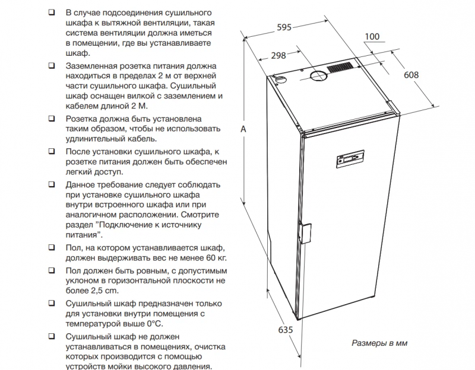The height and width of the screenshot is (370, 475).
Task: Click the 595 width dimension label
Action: coord(284,27)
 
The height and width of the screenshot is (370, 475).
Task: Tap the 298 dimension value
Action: coord(278,55)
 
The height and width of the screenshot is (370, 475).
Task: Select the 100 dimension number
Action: coord(372,37)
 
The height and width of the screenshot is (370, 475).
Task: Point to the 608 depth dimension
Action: coord(411,75)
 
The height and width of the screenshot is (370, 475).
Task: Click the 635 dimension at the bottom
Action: coord(286,330)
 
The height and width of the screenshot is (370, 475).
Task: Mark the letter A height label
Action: coord(243,129)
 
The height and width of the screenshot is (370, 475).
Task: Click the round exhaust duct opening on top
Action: coord(318,76)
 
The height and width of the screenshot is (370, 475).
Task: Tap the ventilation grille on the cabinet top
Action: coord(340,67)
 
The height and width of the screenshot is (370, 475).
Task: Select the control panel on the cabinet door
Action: coord(350,158)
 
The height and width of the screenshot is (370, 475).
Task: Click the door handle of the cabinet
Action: coord(305,232)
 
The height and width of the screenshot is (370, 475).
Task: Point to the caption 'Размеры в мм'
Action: coord(379,343)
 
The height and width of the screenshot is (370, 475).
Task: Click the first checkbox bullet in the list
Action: coord(52,12)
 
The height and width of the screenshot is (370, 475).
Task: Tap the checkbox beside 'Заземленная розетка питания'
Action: coord(52,66)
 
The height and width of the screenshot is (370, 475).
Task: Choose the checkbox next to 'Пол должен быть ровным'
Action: coord(52,270)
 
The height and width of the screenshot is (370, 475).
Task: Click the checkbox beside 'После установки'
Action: coord(52,151)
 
